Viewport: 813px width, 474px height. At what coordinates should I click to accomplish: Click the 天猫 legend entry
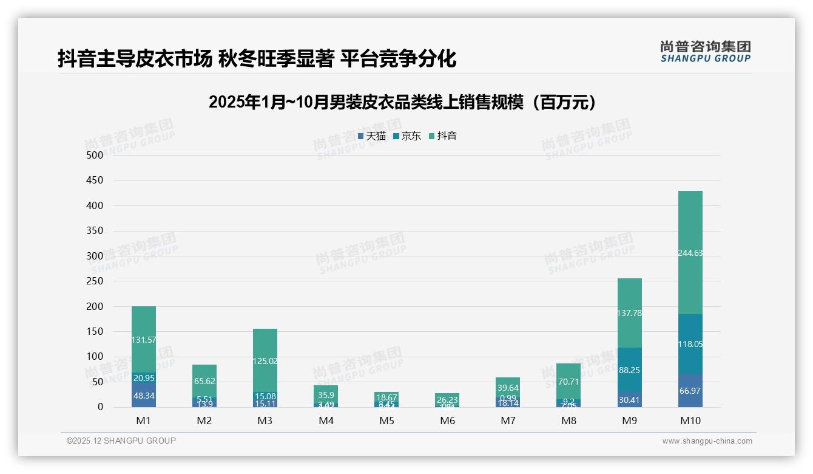372,136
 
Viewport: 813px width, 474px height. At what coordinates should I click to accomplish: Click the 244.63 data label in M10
690,253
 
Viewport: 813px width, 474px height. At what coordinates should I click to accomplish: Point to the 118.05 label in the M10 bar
690,344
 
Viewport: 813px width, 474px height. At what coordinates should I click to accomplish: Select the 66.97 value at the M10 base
690,390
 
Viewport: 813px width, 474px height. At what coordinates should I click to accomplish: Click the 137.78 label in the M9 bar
629,313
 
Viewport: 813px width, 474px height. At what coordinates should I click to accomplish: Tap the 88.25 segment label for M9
629,370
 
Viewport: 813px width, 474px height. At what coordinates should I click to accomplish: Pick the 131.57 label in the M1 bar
144,340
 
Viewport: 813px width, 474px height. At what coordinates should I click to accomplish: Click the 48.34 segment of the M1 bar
144,395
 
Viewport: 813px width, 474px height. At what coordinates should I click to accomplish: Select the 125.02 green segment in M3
265,361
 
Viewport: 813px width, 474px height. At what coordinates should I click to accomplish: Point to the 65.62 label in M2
204,381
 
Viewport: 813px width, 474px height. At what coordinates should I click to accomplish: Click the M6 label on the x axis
447,421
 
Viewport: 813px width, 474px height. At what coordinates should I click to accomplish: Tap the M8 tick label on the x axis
568,421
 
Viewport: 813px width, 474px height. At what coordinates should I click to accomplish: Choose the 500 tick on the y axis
94,155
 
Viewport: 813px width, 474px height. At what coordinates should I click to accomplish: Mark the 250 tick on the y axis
94,281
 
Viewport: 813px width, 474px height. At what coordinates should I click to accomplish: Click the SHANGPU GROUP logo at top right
705,51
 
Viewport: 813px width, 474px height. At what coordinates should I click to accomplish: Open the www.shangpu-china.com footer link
707,441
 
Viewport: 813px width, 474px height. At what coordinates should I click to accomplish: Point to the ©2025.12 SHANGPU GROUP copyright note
121,441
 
